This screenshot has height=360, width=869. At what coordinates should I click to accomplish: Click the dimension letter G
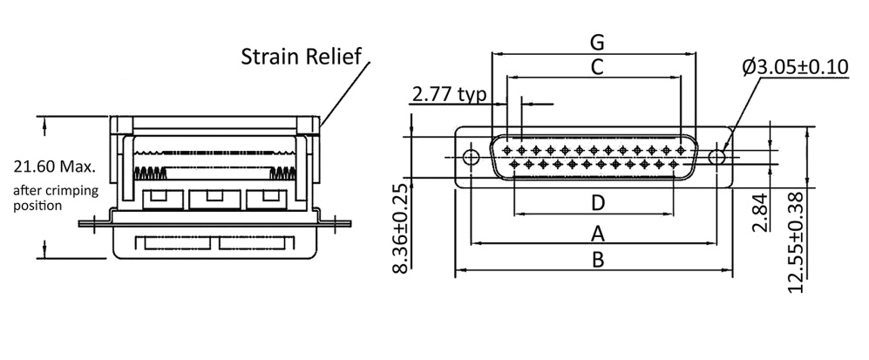click(x=597, y=42)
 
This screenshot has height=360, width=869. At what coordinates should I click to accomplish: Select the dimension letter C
click(x=597, y=66)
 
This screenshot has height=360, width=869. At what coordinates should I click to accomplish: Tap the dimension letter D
click(x=598, y=203)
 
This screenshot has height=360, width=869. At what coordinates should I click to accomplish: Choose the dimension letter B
click(x=598, y=260)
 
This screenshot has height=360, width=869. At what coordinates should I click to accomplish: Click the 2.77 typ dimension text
click(x=449, y=94)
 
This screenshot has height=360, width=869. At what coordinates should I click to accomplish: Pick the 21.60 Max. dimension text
click(x=54, y=166)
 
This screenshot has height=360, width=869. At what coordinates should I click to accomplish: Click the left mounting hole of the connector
click(x=472, y=158)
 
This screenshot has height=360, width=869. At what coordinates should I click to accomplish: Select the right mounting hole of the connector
click(x=717, y=158)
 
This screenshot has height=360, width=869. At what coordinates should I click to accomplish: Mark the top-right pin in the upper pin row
click(x=680, y=150)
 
